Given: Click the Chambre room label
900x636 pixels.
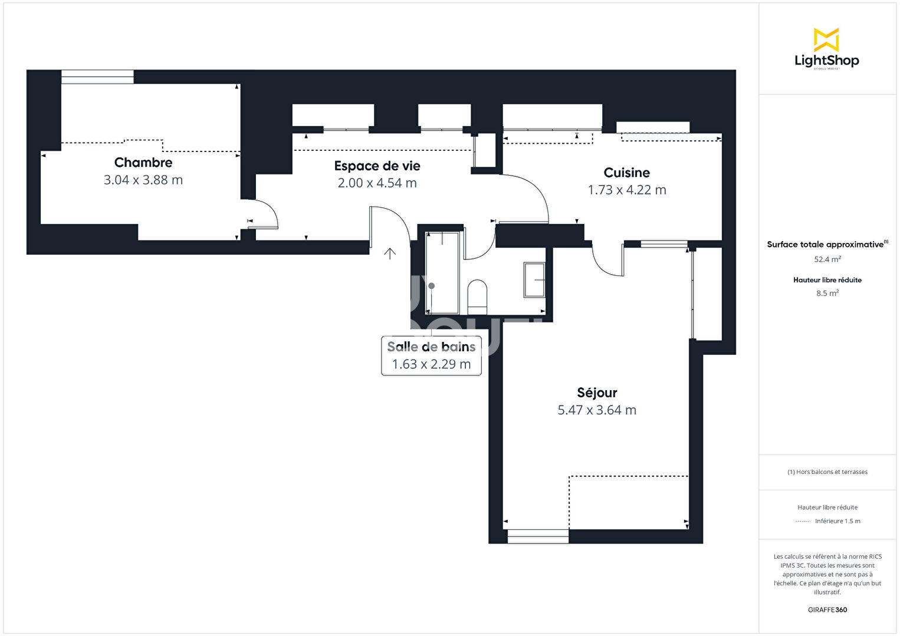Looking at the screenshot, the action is (143, 162).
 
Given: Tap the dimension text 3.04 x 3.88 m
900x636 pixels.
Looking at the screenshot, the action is (143, 180).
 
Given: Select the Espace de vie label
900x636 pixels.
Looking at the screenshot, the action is (377, 166).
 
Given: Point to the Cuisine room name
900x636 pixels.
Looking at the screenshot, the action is (626, 173).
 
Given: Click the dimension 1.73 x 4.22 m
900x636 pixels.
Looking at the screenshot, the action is (627, 190).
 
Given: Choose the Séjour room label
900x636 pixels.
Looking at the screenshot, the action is (597, 393).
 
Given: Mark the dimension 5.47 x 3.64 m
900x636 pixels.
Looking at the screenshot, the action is (597, 410).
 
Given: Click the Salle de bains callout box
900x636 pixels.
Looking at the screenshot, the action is (431, 356).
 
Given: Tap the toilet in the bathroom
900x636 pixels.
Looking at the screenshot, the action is (477, 297).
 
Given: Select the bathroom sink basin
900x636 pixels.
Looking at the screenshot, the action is (534, 280).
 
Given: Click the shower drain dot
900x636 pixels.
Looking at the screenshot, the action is (432, 286).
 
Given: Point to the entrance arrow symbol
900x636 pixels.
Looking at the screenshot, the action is (389, 253).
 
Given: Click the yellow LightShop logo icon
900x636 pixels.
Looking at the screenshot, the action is (826, 39).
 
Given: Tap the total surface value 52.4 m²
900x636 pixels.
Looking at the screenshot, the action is (827, 259).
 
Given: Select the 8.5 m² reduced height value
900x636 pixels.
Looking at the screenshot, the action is (827, 293).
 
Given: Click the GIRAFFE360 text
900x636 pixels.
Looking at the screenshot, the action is (827, 609).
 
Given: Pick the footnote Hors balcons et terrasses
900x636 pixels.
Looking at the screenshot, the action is (827, 472).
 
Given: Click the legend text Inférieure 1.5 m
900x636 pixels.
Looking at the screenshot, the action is (837, 521).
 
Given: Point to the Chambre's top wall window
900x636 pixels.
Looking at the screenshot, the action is (97, 77).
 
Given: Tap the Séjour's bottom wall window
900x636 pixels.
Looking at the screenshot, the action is (538, 536).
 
